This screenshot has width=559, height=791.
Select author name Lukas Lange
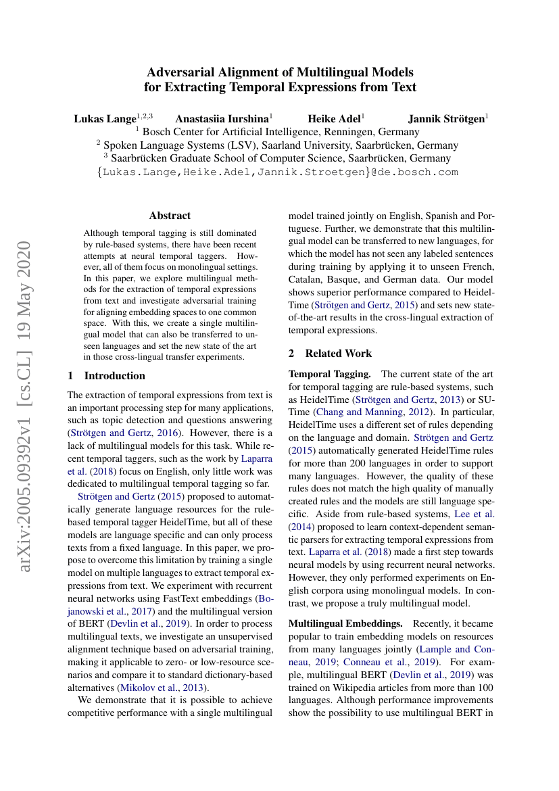pos(105,119)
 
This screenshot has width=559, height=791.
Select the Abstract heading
pos(170,216)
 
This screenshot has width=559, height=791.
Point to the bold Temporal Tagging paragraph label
pos(329,374)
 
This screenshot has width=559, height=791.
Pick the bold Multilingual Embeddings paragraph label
pos(343,623)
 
